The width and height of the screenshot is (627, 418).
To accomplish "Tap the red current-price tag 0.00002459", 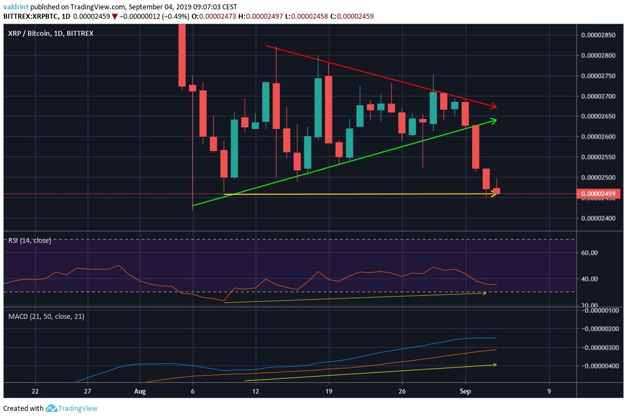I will click(598, 194).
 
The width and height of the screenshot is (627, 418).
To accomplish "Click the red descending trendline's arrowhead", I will click(495, 106).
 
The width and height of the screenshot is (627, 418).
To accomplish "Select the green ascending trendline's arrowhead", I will click(495, 120).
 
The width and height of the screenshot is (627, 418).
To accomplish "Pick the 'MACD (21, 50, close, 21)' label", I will click(46, 317).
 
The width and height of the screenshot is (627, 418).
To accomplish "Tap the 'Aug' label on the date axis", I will click(140, 391).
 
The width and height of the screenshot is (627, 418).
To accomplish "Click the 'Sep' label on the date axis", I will click(465, 391).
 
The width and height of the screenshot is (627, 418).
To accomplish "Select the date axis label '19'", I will click(329, 391).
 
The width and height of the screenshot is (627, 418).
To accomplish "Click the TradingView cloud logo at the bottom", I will click(52, 409).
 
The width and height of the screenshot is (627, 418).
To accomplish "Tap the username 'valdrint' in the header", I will click(15, 7).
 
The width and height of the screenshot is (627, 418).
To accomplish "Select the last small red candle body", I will click(497, 191).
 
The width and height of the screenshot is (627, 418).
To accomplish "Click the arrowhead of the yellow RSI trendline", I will click(484, 293).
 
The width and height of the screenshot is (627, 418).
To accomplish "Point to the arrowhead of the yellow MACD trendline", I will click(495, 365).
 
